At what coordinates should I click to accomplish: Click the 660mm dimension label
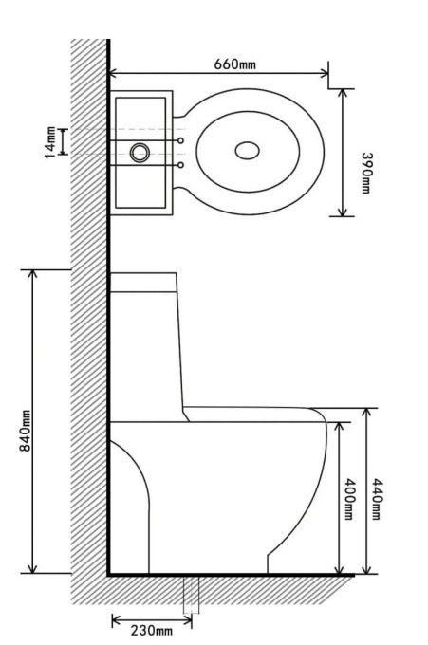click(234, 64)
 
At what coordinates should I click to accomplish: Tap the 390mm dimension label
click(366, 173)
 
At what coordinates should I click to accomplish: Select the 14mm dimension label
click(50, 142)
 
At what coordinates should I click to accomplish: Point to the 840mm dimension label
click(26, 431)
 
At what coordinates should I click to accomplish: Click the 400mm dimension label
click(348, 499)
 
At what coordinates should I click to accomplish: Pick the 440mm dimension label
click(377, 499)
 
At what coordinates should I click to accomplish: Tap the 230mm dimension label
click(152, 630)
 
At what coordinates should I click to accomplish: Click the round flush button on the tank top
click(140, 153)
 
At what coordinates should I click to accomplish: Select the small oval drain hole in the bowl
click(248, 151)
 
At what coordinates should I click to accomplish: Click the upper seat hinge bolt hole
click(180, 140)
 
